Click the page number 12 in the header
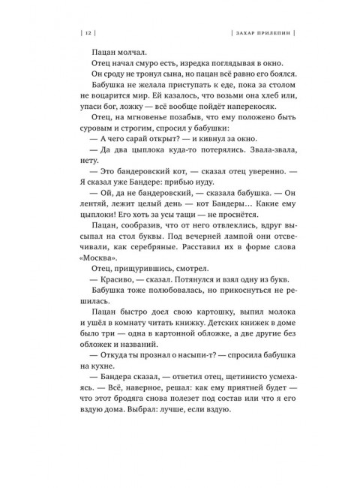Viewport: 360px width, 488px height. (x=88, y=33)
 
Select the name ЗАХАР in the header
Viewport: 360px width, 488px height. (x=239, y=33)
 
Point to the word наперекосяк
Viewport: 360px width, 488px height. (x=239, y=124)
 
